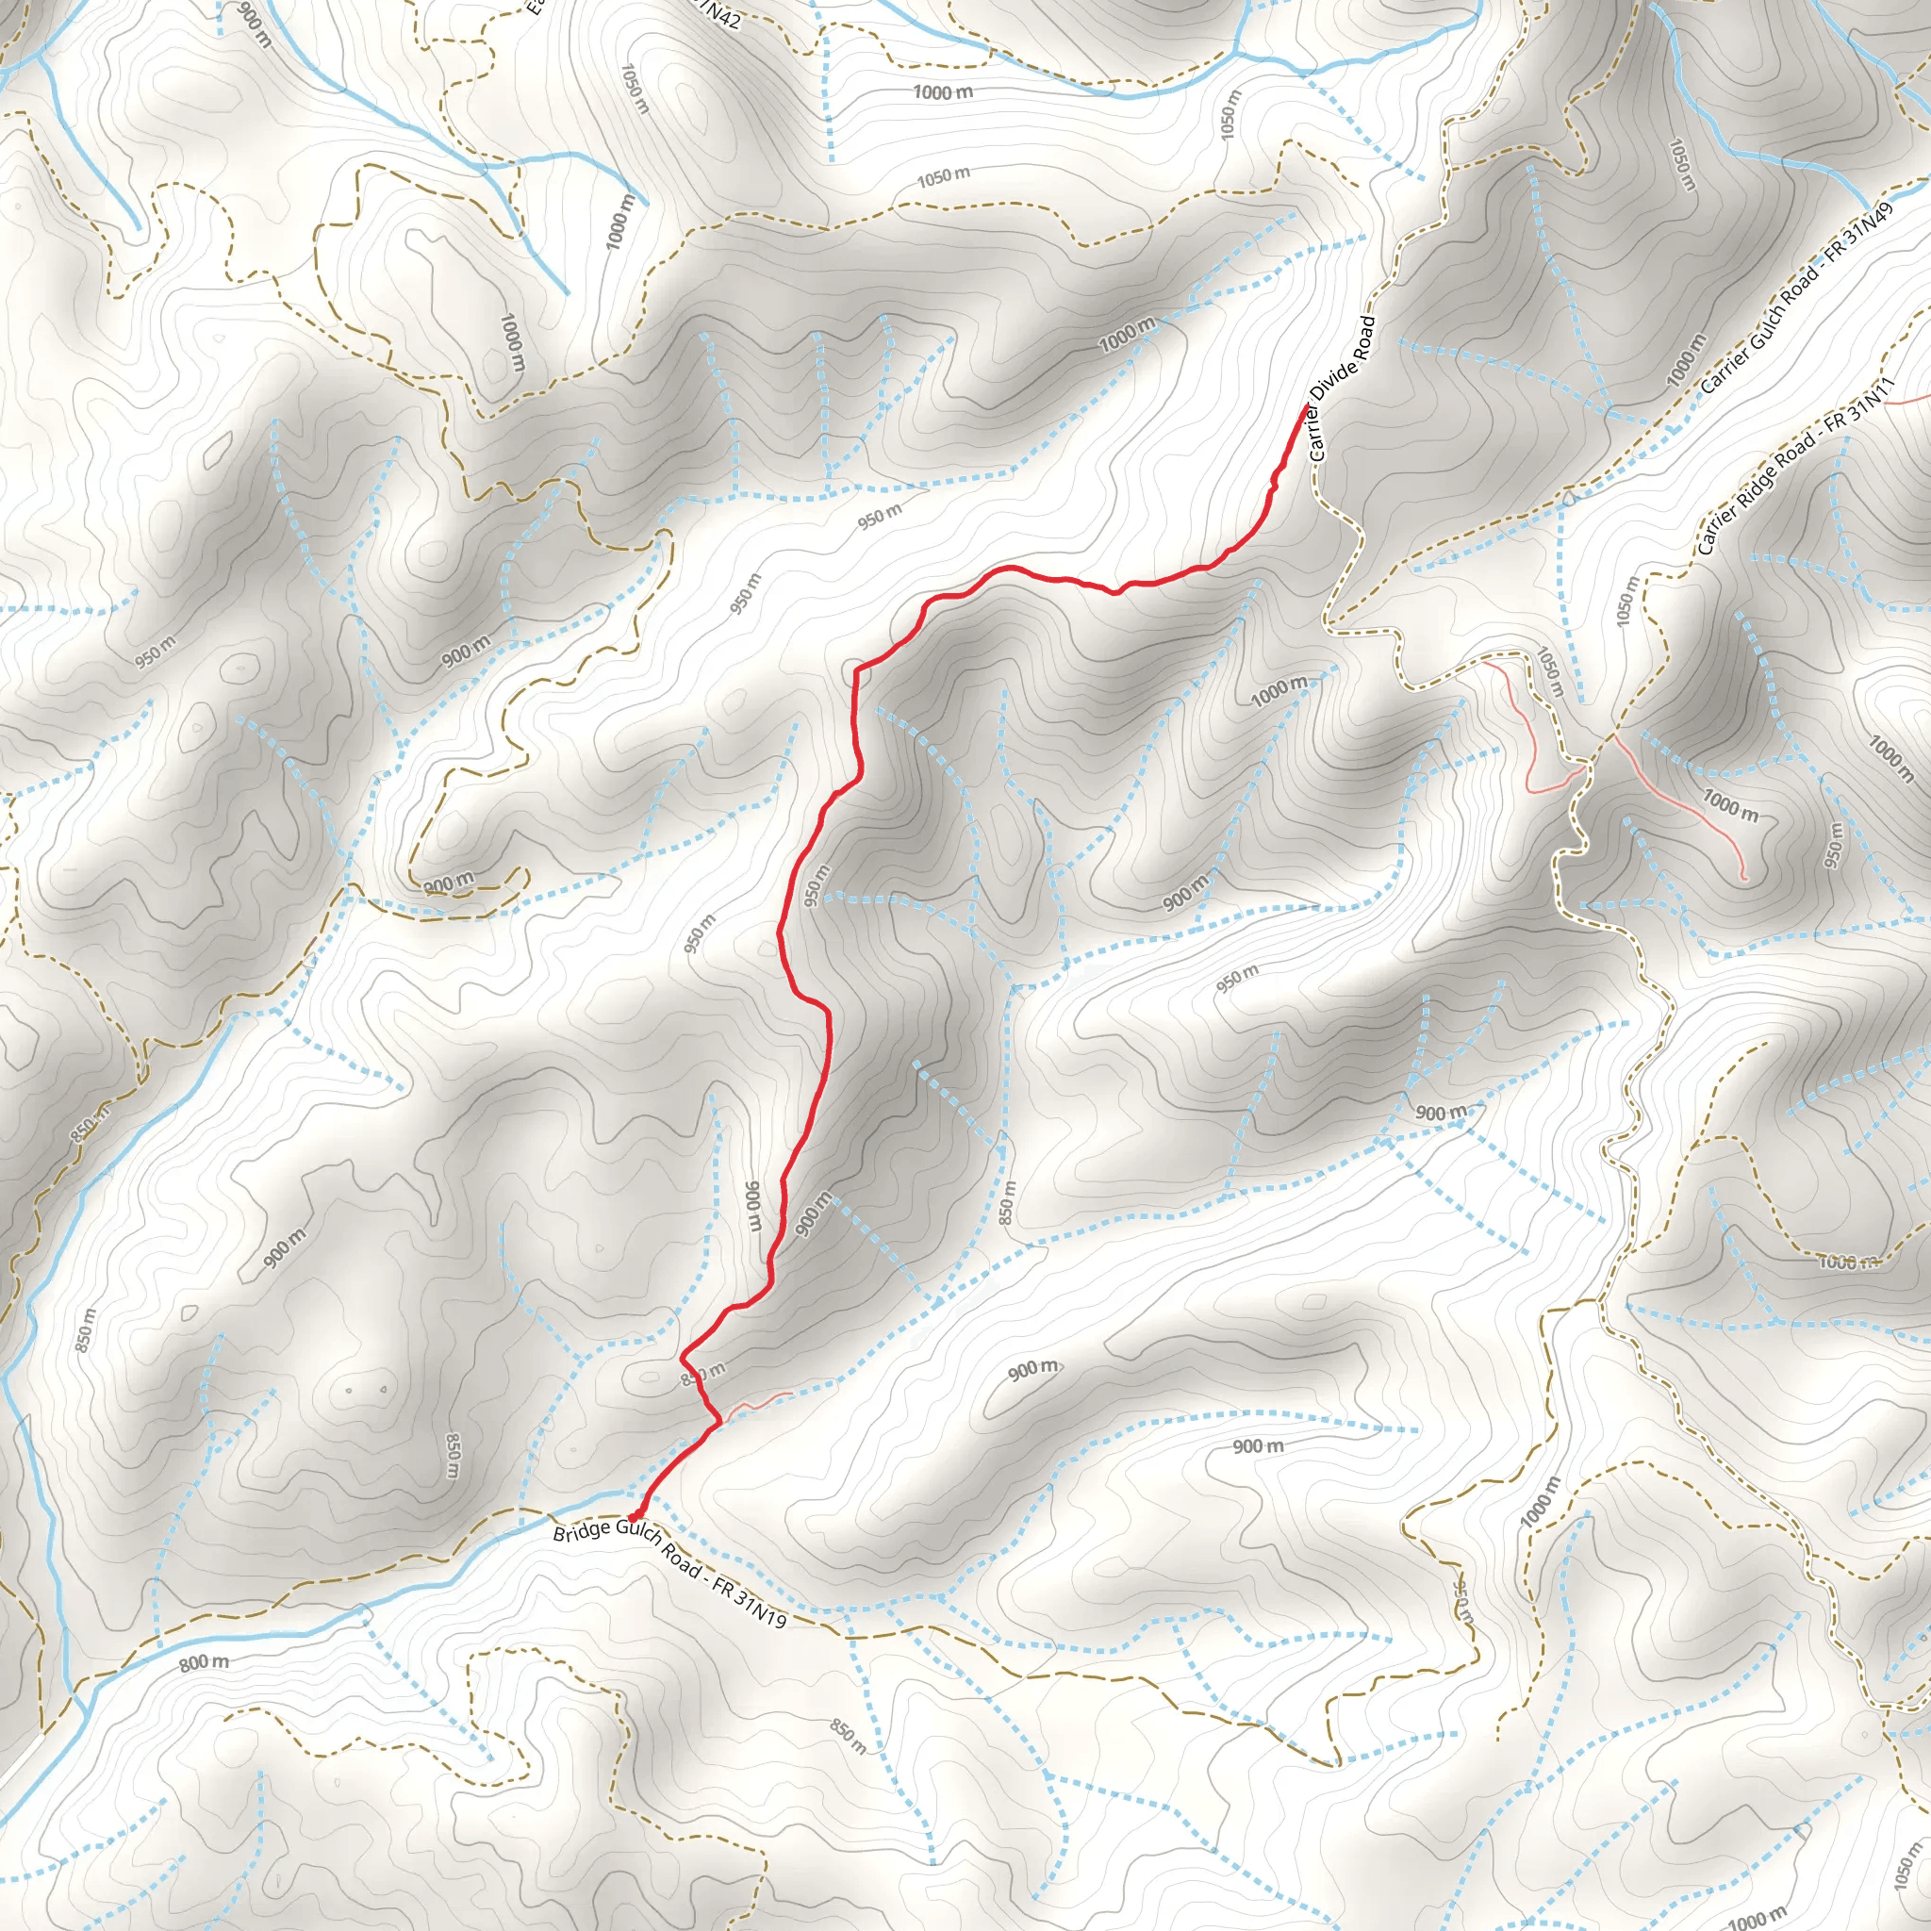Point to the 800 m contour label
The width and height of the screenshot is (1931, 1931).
click(x=204, y=1663)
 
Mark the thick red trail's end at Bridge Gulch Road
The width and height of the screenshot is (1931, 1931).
click(x=634, y=1518)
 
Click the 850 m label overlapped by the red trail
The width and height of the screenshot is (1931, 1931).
click(x=702, y=1376)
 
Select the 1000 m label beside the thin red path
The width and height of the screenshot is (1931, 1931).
click(x=1730, y=804)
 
